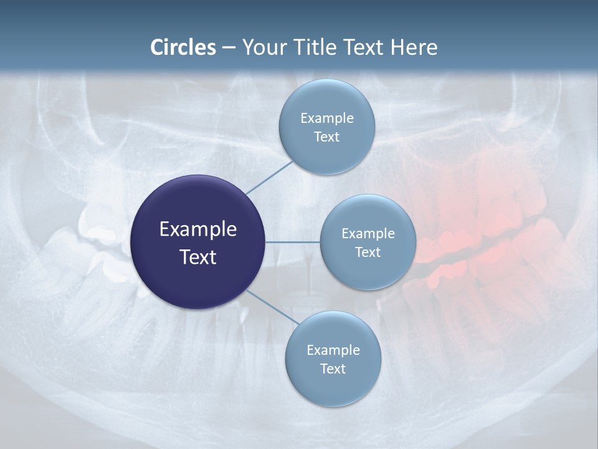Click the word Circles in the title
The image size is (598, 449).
[x=183, y=47]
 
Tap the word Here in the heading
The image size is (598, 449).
[x=414, y=47]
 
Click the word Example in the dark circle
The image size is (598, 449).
[x=197, y=229]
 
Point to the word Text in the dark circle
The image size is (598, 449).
[x=197, y=257]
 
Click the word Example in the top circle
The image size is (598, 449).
[x=326, y=118]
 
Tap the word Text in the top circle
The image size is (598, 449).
[x=326, y=137]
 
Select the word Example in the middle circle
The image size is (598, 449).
[x=368, y=234]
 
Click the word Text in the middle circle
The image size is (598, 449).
[x=368, y=253]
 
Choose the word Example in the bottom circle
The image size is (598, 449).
[x=333, y=350]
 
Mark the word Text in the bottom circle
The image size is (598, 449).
[x=333, y=369]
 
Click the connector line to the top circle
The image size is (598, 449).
[x=269, y=177]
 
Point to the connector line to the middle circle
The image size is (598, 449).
[x=293, y=242]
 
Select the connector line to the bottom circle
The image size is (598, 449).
[x=273, y=307]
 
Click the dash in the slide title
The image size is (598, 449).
[x=229, y=48]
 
